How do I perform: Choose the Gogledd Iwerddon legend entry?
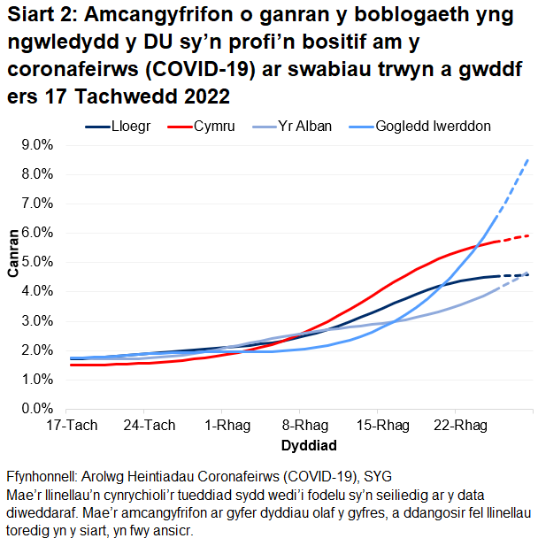[434, 127]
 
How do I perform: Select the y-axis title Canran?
[13, 253]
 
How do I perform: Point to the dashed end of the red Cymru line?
[513, 238]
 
